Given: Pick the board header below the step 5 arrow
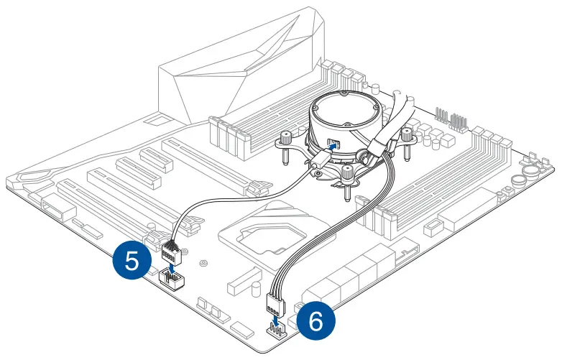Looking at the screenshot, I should pyautogui.click(x=170, y=279).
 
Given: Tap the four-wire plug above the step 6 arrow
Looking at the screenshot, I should pyautogui.click(x=276, y=304).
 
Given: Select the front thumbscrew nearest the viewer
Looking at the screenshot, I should pyautogui.click(x=348, y=174).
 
